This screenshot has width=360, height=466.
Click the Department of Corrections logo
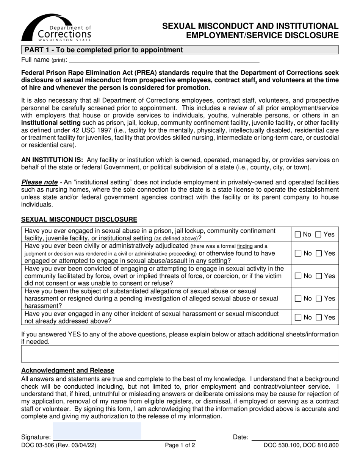56,28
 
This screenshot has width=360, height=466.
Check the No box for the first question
298,235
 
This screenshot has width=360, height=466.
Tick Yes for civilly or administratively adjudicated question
319,253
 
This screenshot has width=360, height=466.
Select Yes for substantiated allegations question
319,299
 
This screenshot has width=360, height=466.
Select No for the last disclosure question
298,317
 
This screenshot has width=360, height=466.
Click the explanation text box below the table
180,353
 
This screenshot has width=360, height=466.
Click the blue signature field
97,431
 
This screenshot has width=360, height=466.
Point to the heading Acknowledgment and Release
68,371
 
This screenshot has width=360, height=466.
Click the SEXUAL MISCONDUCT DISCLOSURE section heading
79,219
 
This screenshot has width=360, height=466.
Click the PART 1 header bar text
103,50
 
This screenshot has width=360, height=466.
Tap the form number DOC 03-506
59,446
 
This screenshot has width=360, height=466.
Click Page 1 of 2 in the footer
180,446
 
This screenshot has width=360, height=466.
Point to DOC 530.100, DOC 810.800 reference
301,446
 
